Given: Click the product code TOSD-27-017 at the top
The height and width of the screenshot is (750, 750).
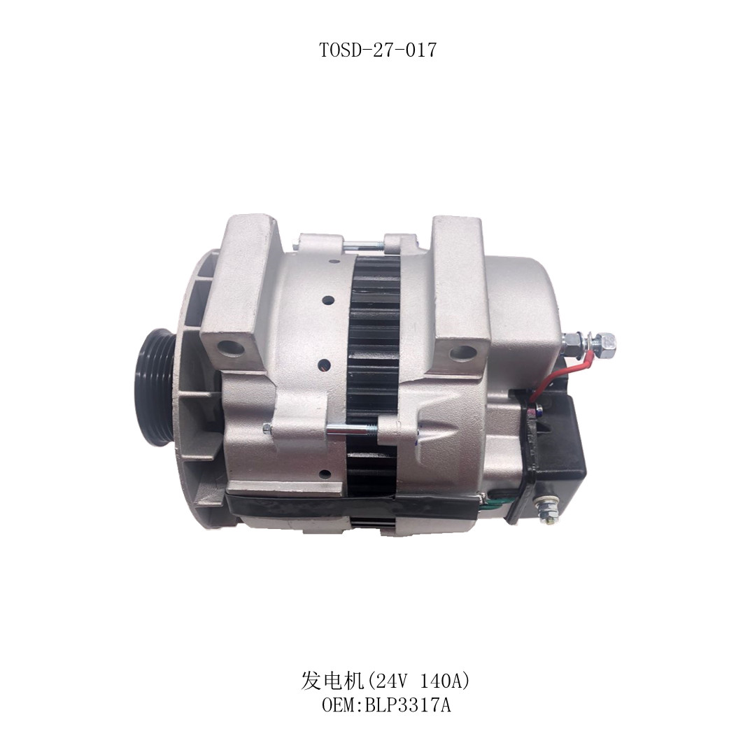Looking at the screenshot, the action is [378, 50].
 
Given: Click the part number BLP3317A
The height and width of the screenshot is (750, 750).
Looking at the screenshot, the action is [408, 705].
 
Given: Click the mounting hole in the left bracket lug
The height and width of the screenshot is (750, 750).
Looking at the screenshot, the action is [232, 347].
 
